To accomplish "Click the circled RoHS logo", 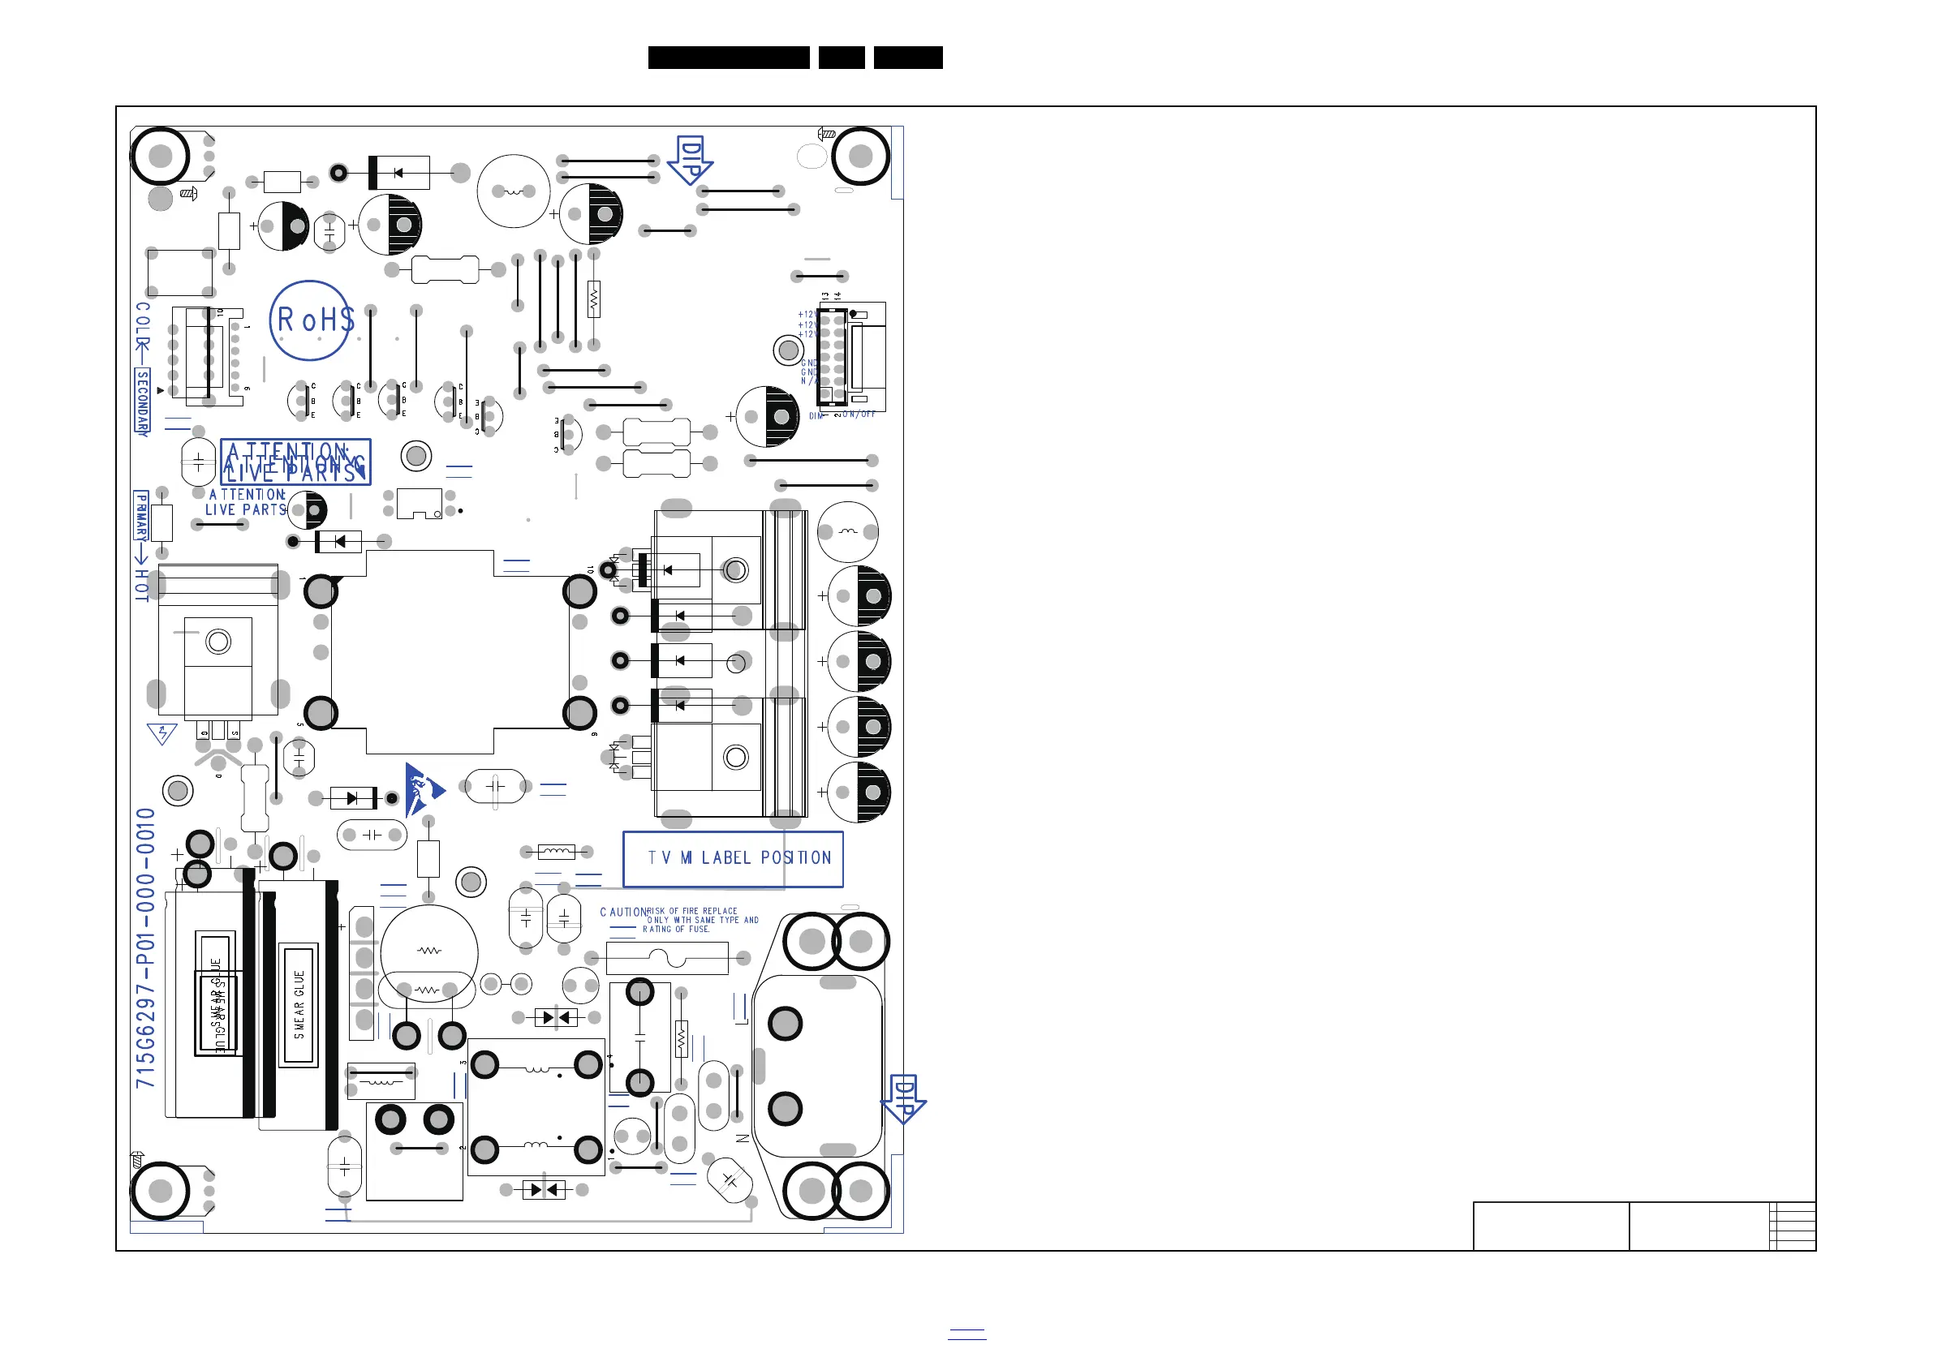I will (x=311, y=320).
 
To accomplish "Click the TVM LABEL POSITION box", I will (x=733, y=858).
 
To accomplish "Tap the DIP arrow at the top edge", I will (x=690, y=160).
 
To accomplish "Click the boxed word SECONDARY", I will (x=142, y=402).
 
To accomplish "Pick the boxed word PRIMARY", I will (x=141, y=516).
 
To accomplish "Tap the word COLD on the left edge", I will (x=143, y=329).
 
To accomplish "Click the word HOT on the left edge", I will (x=142, y=585).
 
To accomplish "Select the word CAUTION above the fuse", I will (x=622, y=913).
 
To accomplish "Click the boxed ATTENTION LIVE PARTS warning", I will (x=295, y=462).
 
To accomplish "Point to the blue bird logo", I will (x=421, y=789).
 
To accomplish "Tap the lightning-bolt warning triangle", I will (x=161, y=734).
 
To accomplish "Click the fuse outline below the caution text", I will (x=667, y=958).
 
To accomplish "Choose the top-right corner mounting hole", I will (x=860, y=156).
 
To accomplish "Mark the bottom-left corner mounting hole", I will (x=160, y=1191).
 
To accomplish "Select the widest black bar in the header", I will (x=728, y=58).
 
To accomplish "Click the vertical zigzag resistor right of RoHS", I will (x=594, y=299).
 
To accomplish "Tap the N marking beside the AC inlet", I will (x=743, y=1138).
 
